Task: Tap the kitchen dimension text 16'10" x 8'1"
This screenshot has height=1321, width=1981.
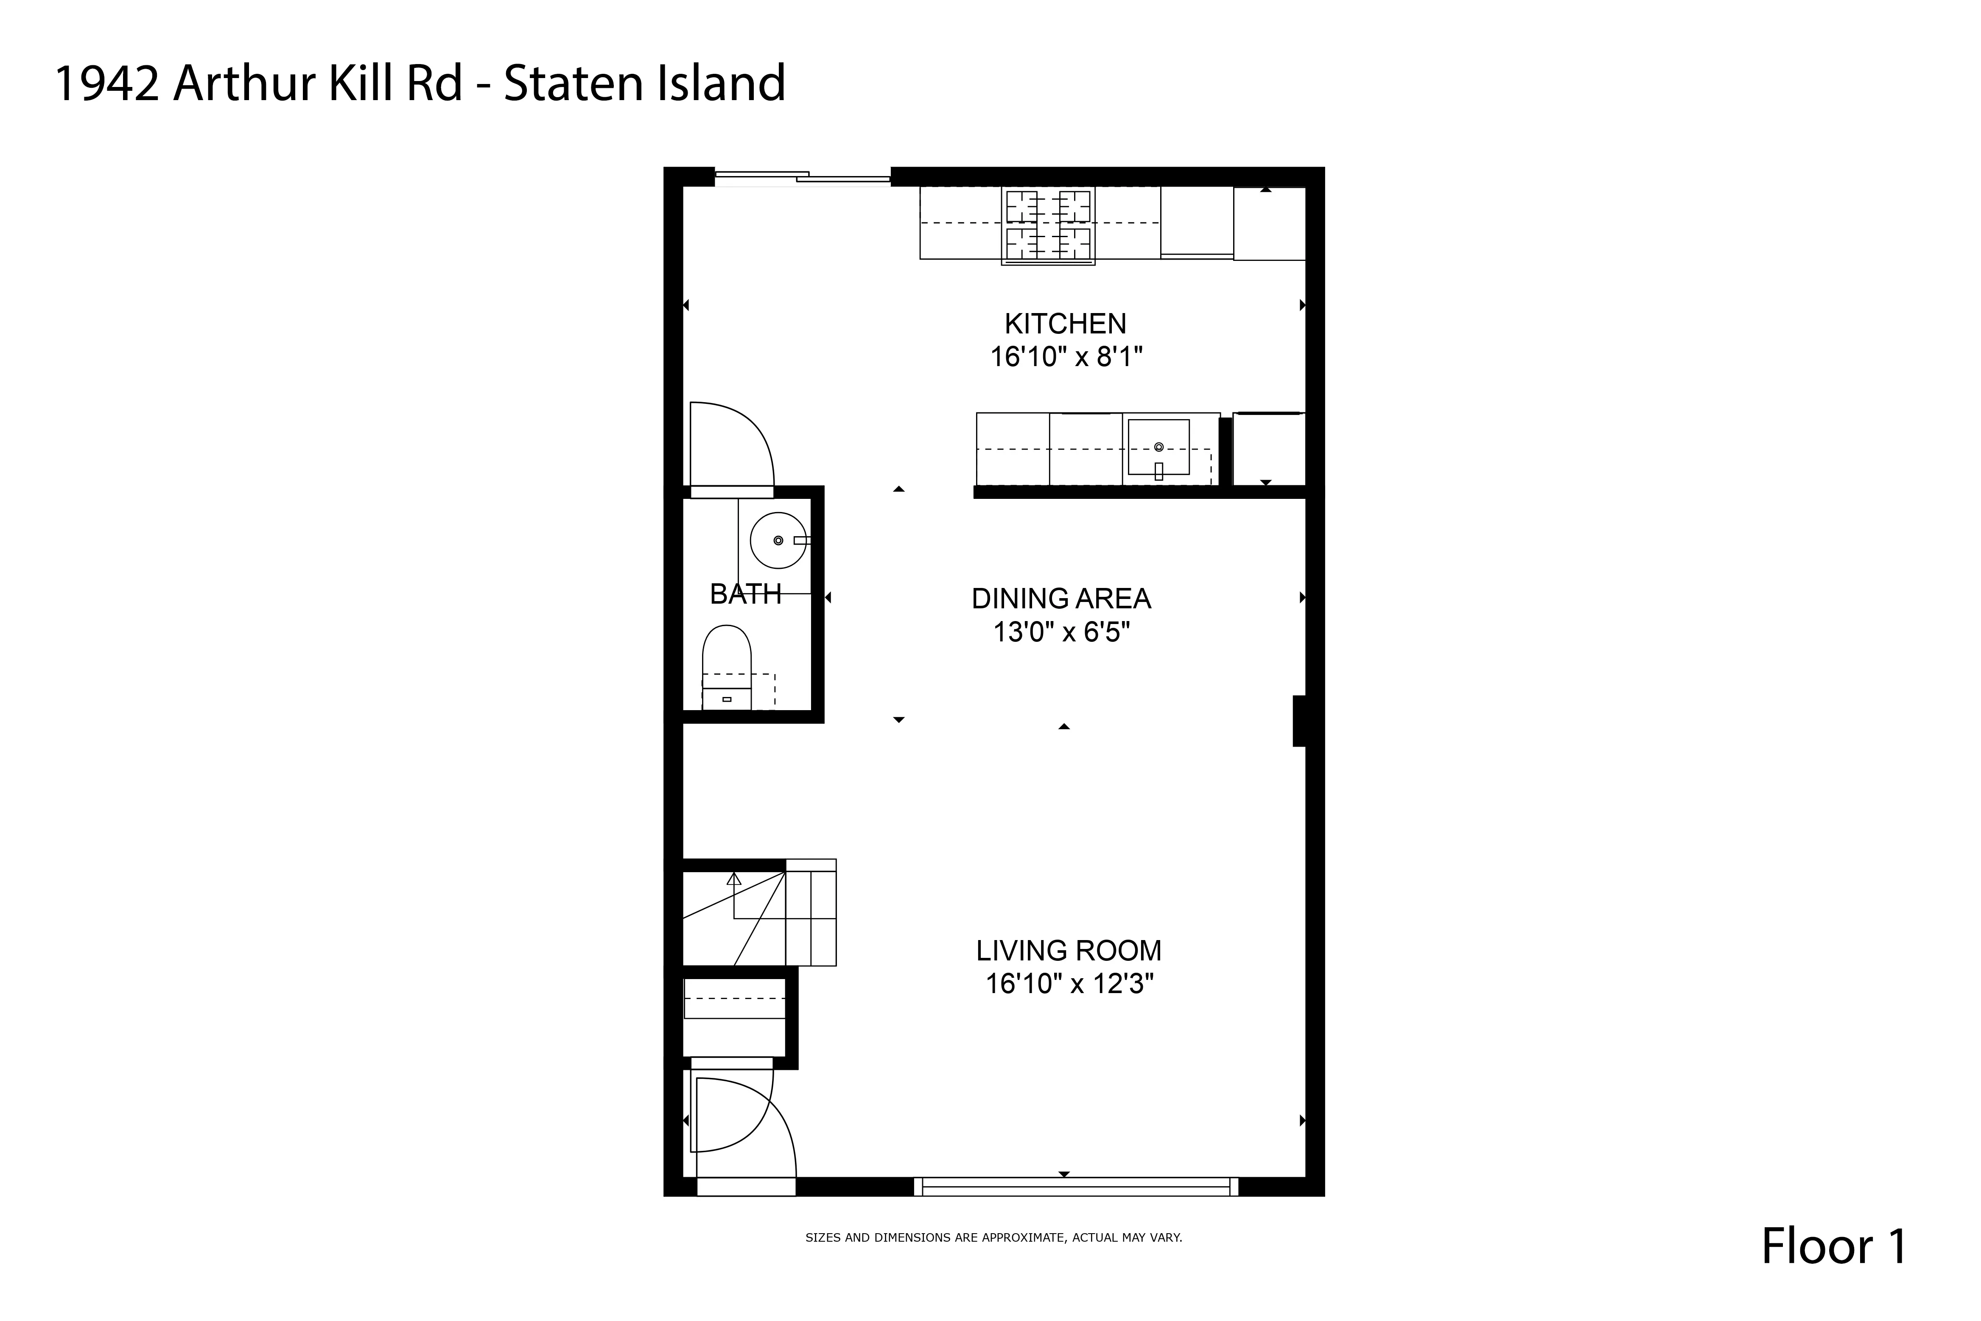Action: click(1066, 357)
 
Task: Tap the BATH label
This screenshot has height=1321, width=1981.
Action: click(745, 595)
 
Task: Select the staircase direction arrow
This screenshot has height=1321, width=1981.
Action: click(733, 879)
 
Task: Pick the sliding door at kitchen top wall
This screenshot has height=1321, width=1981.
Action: click(802, 176)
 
